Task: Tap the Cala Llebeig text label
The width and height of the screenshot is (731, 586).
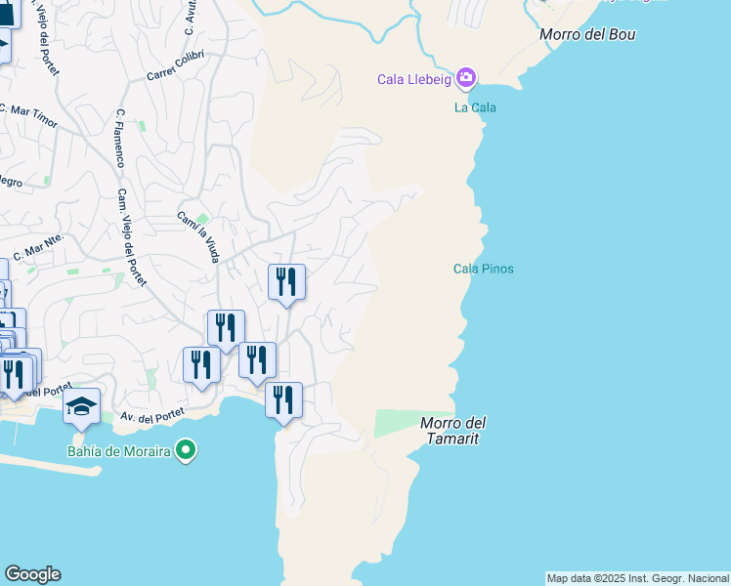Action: pos(415,79)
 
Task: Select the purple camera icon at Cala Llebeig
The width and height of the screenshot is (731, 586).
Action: pos(466,77)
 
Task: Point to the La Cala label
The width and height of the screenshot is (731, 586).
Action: pos(475,107)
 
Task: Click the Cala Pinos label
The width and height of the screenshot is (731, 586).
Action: pos(483,270)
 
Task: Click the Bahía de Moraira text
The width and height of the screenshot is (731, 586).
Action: pos(118,451)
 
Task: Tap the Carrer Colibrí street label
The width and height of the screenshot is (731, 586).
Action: pos(176,65)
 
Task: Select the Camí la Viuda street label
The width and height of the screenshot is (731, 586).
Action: pos(197,237)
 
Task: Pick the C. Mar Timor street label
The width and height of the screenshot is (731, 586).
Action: pos(28,116)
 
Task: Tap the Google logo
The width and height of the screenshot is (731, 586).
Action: pos(32,574)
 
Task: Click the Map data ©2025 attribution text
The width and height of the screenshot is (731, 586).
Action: pos(637,578)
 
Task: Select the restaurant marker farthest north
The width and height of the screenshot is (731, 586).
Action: pos(286,281)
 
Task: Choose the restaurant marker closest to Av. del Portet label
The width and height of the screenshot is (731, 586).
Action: pos(201,365)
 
